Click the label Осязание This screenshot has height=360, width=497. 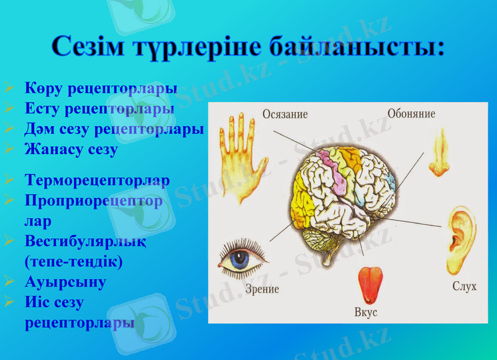pyautogui.click(x=285, y=114)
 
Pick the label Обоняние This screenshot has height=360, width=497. pyautogui.click(x=411, y=114)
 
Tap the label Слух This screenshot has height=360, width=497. pyautogui.click(x=464, y=287)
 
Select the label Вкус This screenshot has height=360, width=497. pyautogui.click(x=367, y=313)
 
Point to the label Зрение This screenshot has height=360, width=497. pyautogui.click(x=262, y=289)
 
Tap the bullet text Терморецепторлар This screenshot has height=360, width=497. pyautogui.click(x=97, y=180)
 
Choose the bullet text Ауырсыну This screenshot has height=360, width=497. pyautogui.click(x=65, y=282)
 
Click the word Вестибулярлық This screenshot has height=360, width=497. pyautogui.click(x=86, y=241)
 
